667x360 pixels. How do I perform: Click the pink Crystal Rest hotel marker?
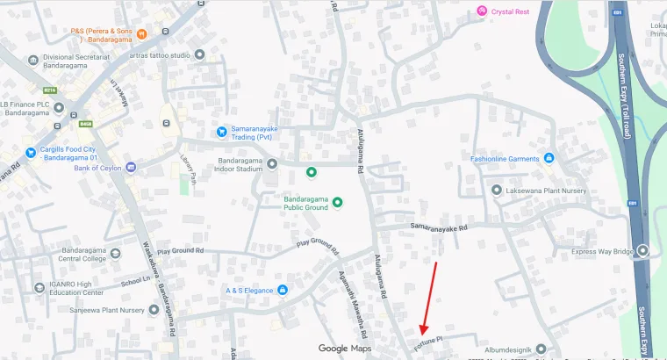coord(481,11)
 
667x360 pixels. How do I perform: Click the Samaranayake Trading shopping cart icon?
coord(222,132)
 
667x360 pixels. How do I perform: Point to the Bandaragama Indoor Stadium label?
coord(239,164)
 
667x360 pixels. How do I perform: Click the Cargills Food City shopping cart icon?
coord(30,153)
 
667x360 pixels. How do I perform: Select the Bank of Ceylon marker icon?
coord(131,167)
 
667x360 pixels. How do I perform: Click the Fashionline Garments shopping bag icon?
coord(549,158)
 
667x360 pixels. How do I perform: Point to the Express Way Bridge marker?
coord(643,251)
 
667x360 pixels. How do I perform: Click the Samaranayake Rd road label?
coord(440,227)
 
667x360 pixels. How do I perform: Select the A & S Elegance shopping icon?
coord(283,291)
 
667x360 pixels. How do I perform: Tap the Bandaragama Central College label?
coord(82,255)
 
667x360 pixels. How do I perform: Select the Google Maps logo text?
coord(345,349)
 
